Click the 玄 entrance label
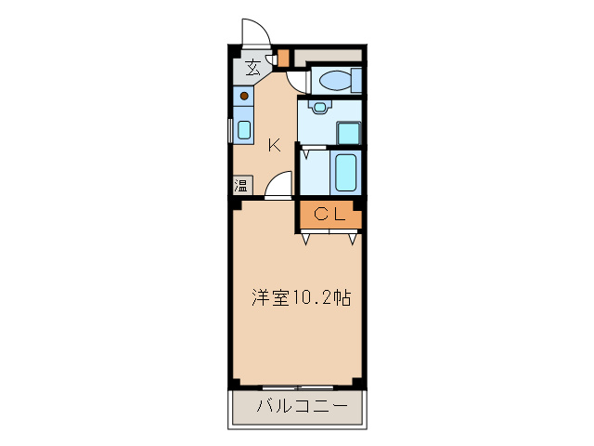coord(252,67)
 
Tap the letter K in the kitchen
coord(275,145)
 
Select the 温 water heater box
coord(241,185)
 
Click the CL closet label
coord(329,215)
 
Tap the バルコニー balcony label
coord(301,407)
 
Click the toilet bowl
coord(329,82)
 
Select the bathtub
coord(346,172)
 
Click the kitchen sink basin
coord(243,129)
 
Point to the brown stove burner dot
coord(243,95)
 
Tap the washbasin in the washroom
coord(320,107)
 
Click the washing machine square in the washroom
coord(349,132)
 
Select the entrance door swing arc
coord(254,33)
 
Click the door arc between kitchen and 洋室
coord(278,187)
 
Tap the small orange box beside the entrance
coord(284,56)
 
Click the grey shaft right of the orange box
coord(329,54)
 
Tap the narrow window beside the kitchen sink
coord(231,129)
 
